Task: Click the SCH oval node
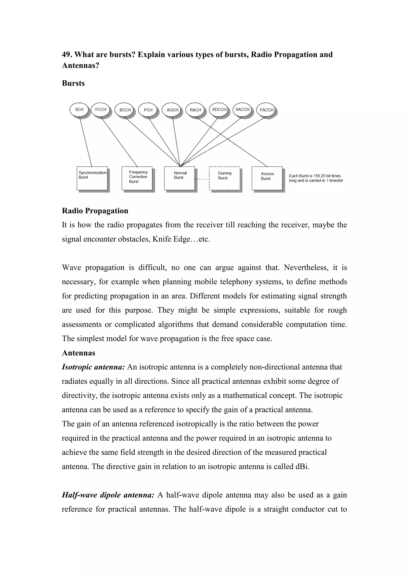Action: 79,110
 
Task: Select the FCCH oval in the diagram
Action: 100,110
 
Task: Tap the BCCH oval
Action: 125,110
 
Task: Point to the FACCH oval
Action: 266,110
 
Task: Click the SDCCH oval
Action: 219,110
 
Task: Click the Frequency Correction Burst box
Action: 137,178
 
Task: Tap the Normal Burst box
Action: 179,178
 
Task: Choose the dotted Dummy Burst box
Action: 224,178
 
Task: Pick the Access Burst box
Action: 267,178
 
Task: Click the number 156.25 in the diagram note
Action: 319,176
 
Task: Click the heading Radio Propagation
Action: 95,211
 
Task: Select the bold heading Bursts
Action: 73,83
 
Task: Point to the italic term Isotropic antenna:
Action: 93,367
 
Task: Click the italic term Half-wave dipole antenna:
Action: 108,495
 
